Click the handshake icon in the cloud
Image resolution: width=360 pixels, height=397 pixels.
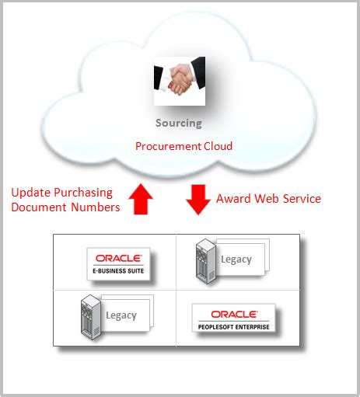click(x=178, y=82)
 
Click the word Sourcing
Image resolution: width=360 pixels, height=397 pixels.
click(x=178, y=123)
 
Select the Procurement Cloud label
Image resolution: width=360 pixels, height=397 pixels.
click(x=183, y=146)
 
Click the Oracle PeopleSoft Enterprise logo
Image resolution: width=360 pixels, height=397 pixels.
click(x=233, y=319)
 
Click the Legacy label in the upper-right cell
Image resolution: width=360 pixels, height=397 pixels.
click(x=236, y=259)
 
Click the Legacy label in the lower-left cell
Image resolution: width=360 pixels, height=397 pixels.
click(x=121, y=315)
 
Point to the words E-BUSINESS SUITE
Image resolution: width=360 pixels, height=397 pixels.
click(x=118, y=272)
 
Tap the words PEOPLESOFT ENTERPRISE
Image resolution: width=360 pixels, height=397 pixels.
click(x=233, y=327)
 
